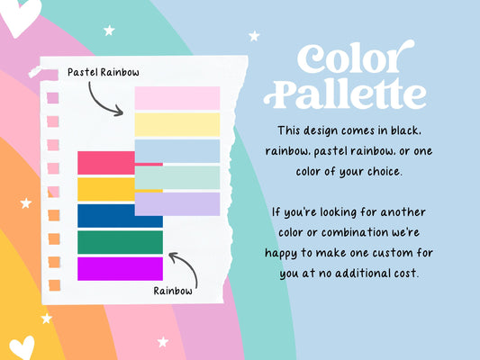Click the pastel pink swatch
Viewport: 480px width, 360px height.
click(x=177, y=98)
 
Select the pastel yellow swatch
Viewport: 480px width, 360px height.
click(x=177, y=124)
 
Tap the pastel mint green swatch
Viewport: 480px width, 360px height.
click(x=177, y=177)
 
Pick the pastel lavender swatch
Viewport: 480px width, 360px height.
click(x=177, y=204)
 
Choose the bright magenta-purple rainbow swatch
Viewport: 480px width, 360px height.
click(x=120, y=268)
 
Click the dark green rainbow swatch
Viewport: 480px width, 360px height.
click(x=120, y=242)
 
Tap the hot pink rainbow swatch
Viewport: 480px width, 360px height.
click(x=106, y=163)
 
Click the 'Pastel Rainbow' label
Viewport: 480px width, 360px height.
click(x=104, y=73)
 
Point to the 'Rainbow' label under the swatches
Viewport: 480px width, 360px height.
click(x=173, y=291)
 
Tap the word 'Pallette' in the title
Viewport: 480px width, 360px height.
click(x=345, y=94)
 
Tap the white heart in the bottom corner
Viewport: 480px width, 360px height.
click(x=22, y=347)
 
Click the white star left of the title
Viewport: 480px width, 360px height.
click(x=254, y=36)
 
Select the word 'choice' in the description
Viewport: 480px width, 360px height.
click(x=385, y=172)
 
